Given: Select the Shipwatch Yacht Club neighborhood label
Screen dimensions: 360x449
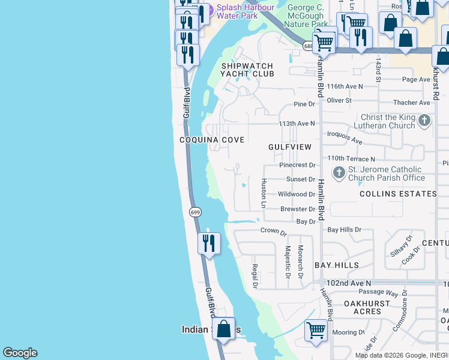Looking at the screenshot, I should click(247, 70).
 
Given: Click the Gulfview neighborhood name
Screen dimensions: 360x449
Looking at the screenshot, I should click(290, 147).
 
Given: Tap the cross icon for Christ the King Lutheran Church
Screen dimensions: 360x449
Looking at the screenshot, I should click(424, 121).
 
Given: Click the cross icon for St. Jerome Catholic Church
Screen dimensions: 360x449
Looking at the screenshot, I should click(339, 173).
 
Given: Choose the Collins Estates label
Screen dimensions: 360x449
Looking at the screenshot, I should click(398, 194).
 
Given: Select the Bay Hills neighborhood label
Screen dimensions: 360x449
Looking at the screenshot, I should click(336, 265).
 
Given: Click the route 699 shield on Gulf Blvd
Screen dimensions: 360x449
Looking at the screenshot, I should click(195, 212).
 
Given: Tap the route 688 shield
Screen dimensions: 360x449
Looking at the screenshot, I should click(309, 46).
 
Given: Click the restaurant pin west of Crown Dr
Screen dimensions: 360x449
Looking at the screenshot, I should click(209, 243).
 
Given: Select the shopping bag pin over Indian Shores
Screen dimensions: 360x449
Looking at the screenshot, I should click(223, 329).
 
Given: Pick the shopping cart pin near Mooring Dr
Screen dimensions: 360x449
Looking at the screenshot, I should click(316, 329).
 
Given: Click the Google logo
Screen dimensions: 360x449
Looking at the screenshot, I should click(20, 353).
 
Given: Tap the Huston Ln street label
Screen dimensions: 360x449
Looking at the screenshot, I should click(263, 193).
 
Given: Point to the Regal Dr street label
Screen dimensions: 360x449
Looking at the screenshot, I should click(255, 276).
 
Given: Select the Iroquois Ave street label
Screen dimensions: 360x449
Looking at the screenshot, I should click(345, 138).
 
